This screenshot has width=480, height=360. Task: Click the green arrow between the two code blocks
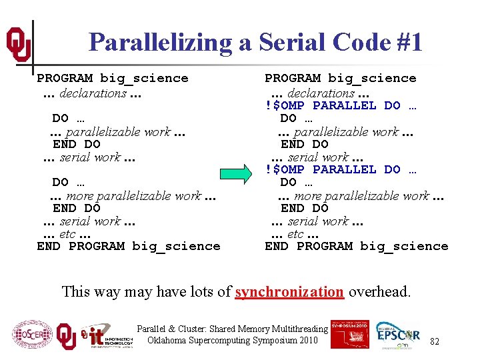click(237, 176)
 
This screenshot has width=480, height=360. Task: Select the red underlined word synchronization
click(289, 291)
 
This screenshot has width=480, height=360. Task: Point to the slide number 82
click(435, 341)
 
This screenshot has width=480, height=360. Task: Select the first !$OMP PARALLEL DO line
click(341, 105)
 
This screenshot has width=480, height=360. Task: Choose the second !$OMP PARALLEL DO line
click(341, 169)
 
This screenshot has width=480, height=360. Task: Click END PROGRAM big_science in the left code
click(128, 246)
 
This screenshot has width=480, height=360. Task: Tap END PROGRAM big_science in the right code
click(356, 246)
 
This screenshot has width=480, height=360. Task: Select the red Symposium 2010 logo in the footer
click(349, 334)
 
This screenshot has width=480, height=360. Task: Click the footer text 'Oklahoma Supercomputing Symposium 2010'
click(233, 341)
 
